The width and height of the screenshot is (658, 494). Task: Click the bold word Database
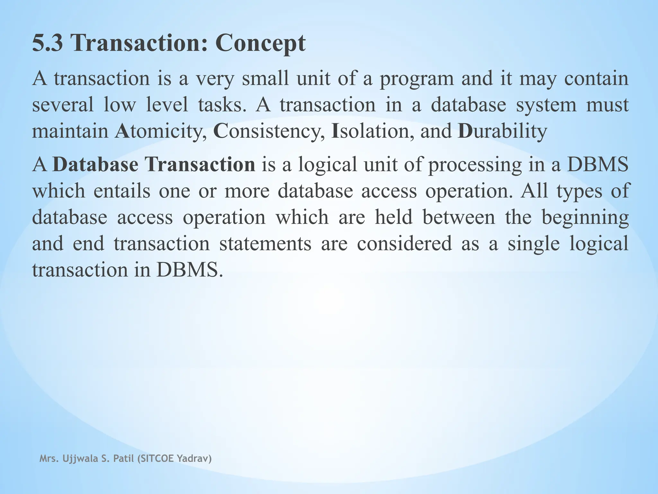point(95,164)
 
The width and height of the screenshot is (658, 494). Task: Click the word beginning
point(585,218)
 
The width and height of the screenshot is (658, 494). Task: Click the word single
point(534,244)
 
